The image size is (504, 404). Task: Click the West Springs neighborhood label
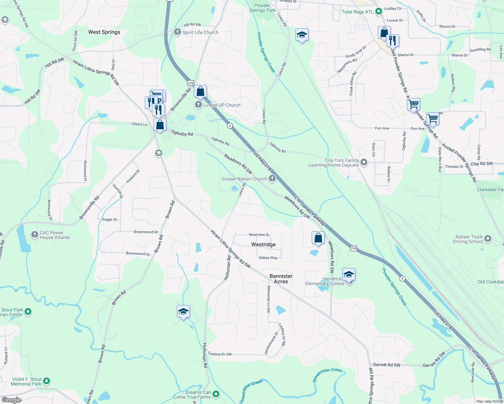coord(104,32)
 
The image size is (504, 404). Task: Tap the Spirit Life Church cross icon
coord(177,32)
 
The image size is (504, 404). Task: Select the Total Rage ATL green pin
coord(378,11)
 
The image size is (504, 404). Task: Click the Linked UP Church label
coord(222,105)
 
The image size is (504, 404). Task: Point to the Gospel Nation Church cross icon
coord(272,179)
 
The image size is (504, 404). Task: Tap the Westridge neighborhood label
coord(263,244)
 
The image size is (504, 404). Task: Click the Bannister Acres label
coord(281,279)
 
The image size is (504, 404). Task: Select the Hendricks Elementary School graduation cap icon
coord(349,275)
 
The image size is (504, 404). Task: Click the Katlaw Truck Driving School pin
coord(488,239)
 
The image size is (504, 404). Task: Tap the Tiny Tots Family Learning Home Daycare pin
coord(364,163)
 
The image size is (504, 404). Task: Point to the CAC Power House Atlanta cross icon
coord(34,235)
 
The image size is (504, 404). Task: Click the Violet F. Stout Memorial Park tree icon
coord(46,381)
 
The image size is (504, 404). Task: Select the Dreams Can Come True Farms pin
coord(216,394)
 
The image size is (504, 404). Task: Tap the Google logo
coord(11,400)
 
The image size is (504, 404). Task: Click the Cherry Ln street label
coord(139,124)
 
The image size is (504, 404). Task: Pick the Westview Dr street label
coord(259,235)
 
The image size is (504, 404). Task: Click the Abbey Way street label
coord(268,258)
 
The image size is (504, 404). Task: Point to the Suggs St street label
coord(109,220)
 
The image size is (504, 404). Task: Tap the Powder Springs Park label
coord(262,8)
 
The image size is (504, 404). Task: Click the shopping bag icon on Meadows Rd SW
coord(318,238)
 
